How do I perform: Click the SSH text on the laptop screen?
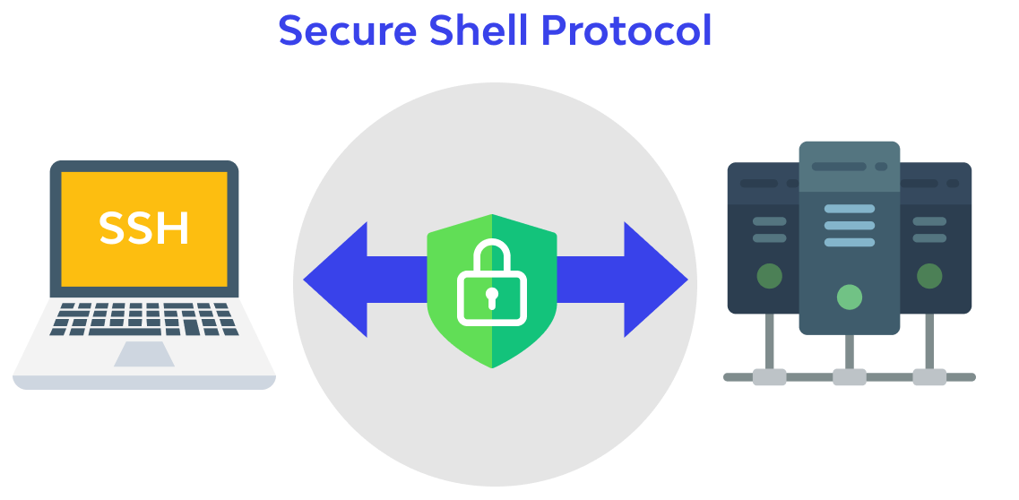143,228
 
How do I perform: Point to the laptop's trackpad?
144,353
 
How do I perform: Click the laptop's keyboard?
144,318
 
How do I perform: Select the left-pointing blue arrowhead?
337,280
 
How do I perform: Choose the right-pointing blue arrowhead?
654,280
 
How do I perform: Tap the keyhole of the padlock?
491,297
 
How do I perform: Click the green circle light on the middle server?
849,297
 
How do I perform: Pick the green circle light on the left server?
769,276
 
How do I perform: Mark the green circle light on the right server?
929,276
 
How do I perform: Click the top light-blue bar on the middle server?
849,209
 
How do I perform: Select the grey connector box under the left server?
769,377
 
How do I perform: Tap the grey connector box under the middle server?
849,377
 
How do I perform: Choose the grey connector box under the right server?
929,377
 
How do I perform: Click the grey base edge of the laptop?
144,383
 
